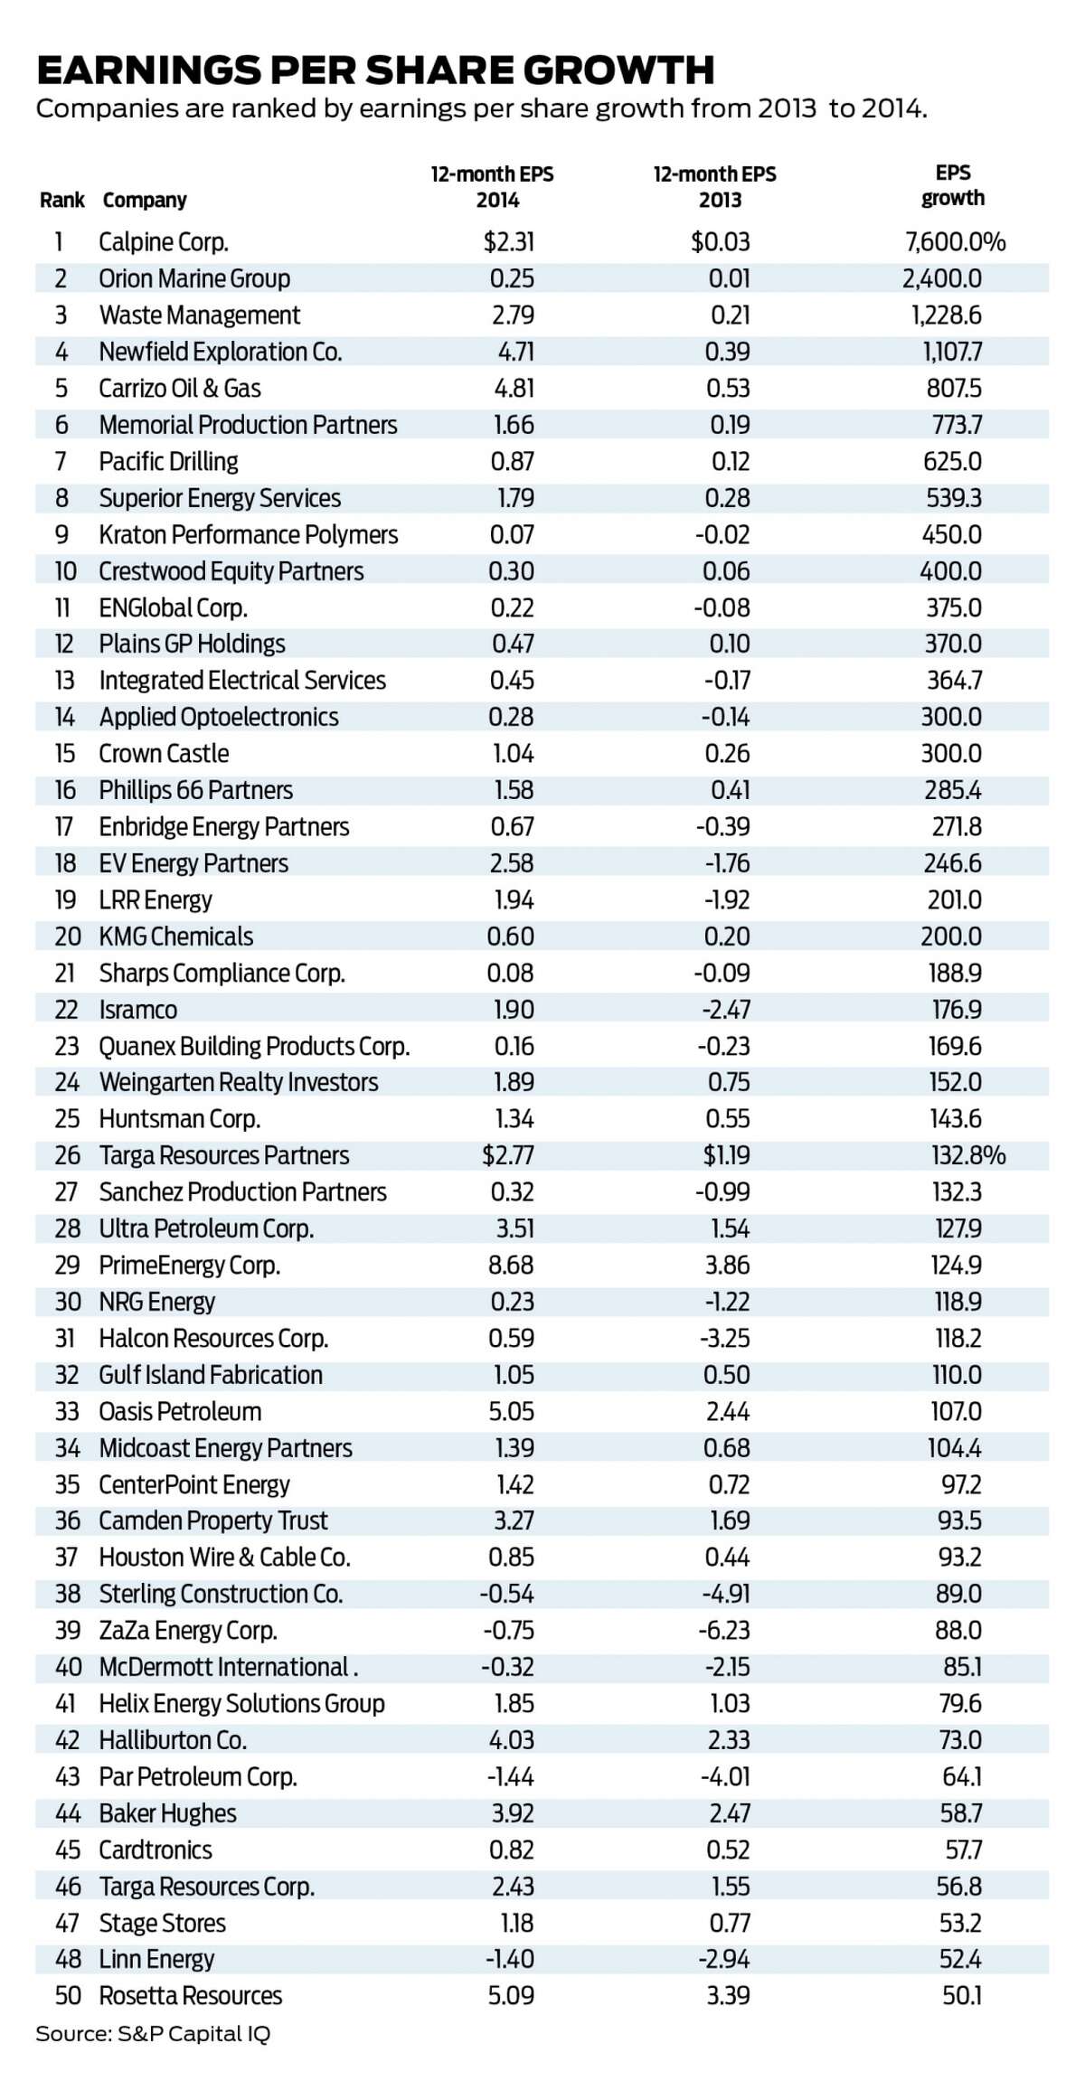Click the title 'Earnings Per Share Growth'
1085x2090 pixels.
click(x=375, y=70)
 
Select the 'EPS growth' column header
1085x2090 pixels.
click(x=953, y=185)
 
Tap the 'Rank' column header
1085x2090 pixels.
click(x=62, y=200)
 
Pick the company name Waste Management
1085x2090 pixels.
click(x=200, y=315)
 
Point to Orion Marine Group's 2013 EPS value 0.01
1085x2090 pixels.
click(x=729, y=278)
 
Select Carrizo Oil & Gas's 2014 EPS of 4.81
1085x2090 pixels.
click(x=512, y=389)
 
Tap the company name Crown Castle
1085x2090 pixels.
click(x=164, y=754)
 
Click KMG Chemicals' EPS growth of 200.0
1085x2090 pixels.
click(x=951, y=937)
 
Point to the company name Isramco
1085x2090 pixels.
click(x=138, y=1010)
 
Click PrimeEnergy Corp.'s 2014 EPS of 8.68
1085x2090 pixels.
click(x=511, y=1266)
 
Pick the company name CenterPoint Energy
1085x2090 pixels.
click(x=194, y=1484)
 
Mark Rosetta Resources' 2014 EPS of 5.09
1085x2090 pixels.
click(x=512, y=1996)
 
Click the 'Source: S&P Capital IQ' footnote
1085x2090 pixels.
click(x=153, y=2034)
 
